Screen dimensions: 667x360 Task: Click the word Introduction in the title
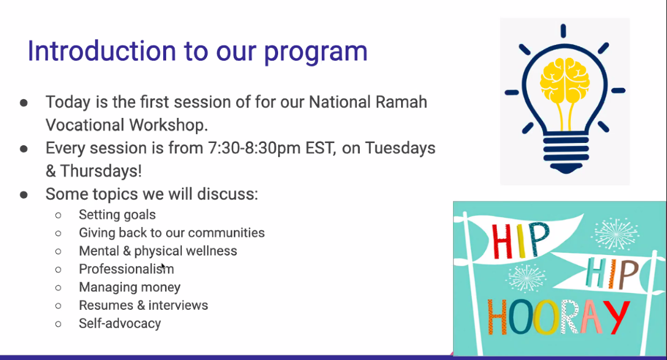(x=101, y=51)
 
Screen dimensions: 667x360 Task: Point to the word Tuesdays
(x=400, y=149)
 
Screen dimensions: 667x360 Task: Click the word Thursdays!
(x=101, y=171)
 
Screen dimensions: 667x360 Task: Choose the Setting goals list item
(x=117, y=215)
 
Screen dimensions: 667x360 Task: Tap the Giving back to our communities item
(x=172, y=233)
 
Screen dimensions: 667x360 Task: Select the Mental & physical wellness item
(x=158, y=251)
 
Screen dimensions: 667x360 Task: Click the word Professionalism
(x=127, y=269)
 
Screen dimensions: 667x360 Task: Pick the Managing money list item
(x=130, y=288)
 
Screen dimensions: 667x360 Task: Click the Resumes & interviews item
(x=143, y=306)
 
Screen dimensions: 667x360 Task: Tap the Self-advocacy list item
(x=120, y=323)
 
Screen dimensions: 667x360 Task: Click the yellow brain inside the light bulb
(x=564, y=81)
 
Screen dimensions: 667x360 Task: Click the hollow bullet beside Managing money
(x=58, y=288)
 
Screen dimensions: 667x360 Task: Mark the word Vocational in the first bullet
(x=85, y=125)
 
